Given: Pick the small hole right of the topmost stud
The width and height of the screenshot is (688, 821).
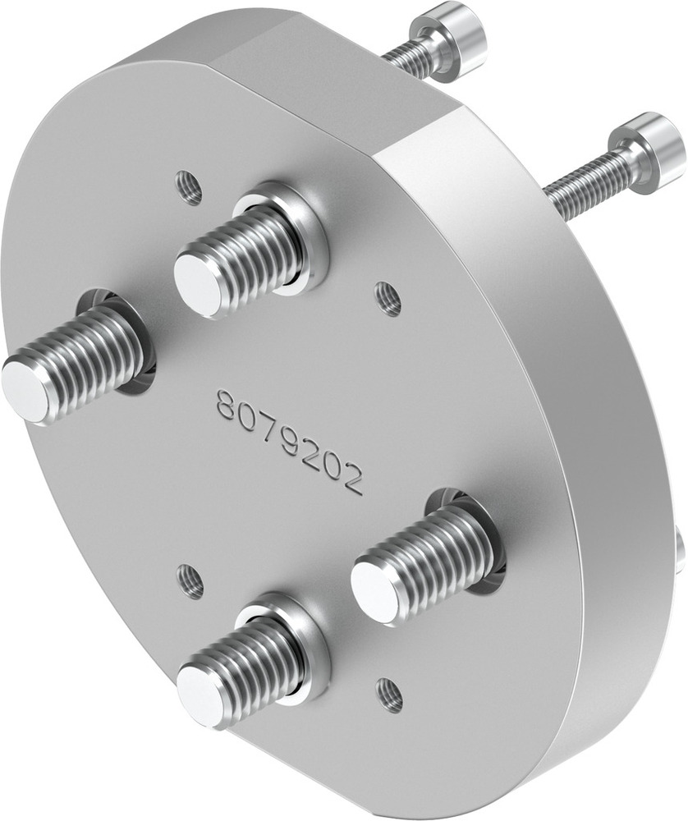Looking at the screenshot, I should [388, 299].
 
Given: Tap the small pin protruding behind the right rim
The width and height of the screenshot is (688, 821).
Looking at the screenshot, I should [681, 550].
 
